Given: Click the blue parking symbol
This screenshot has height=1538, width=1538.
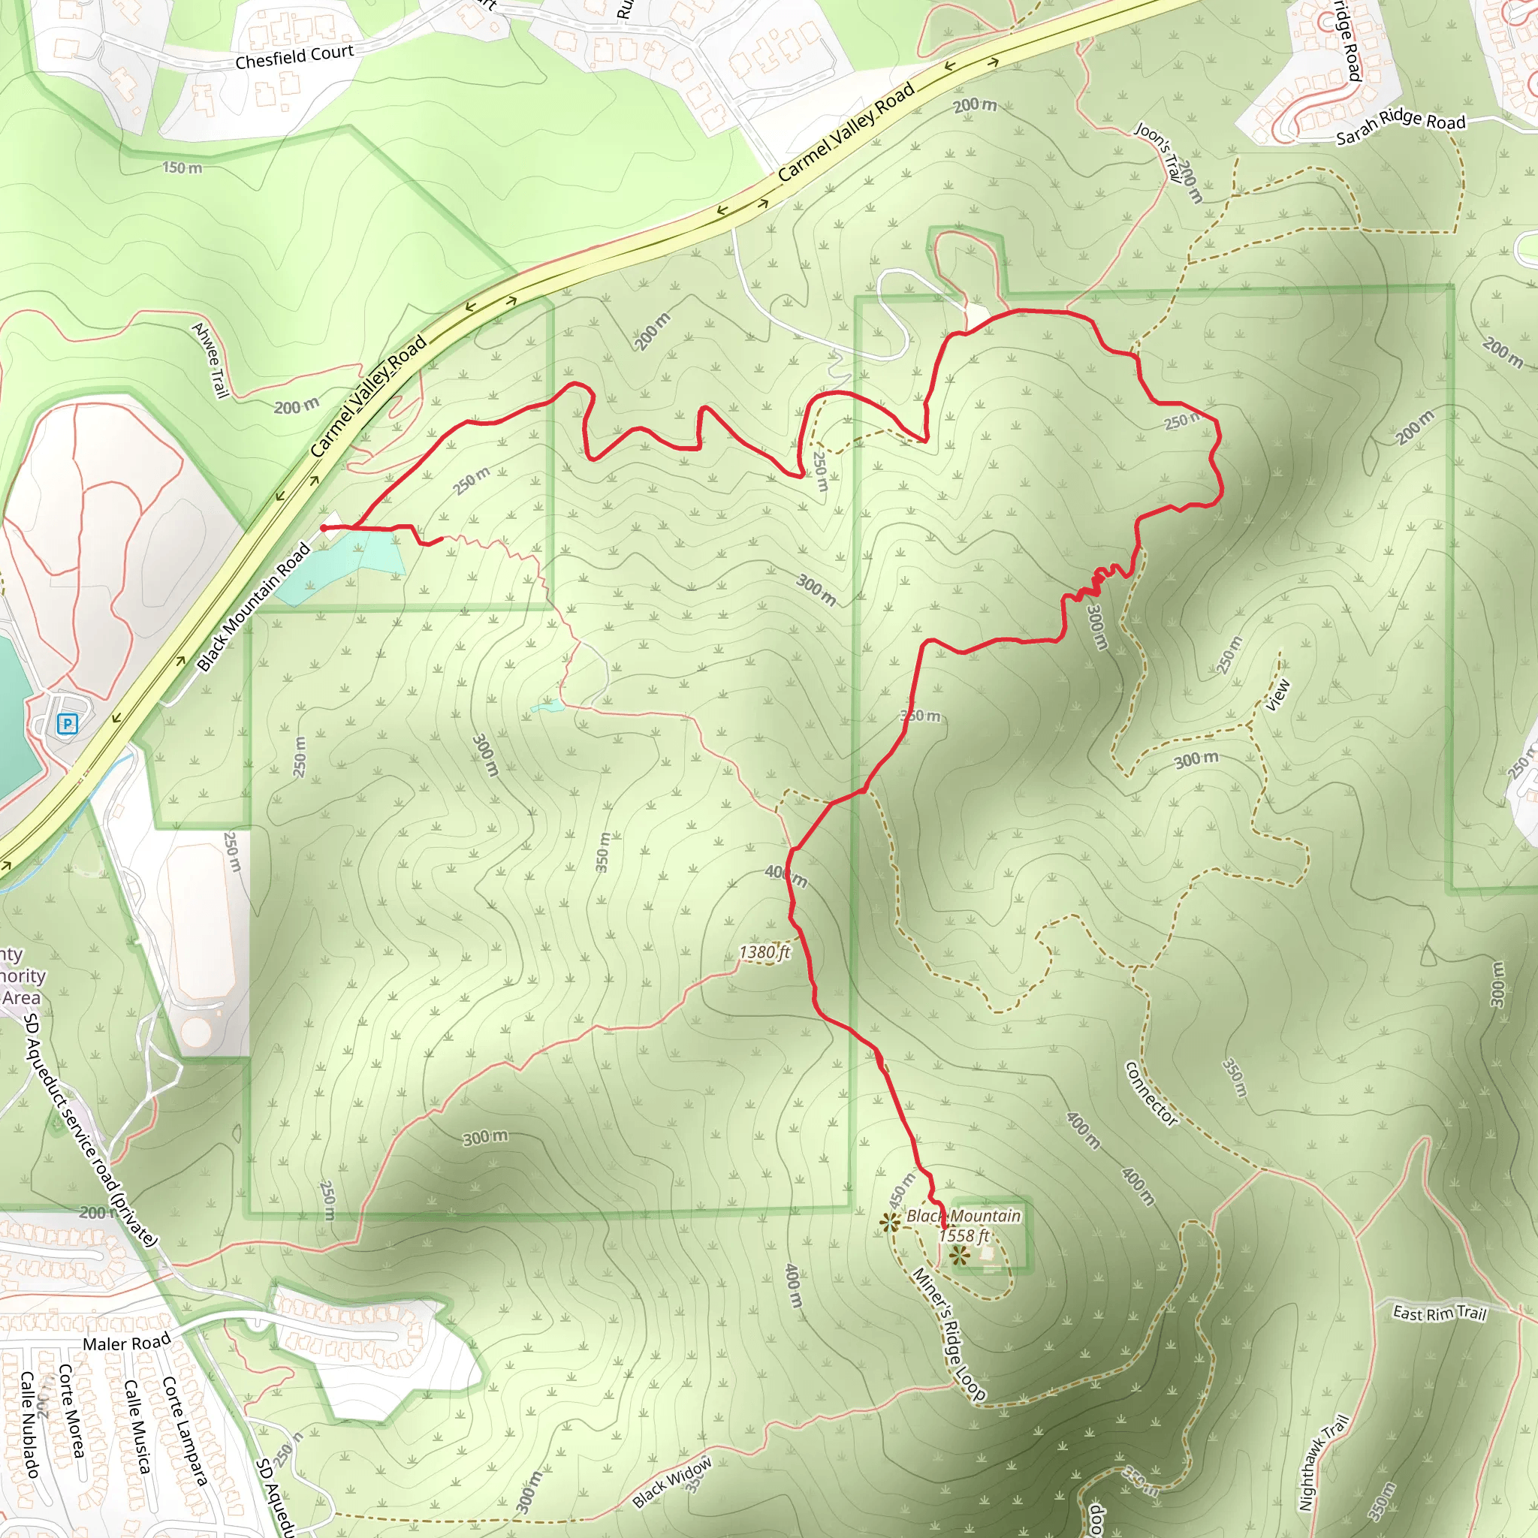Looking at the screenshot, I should [68, 724].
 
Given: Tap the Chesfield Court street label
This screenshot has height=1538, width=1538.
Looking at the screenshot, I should [294, 56].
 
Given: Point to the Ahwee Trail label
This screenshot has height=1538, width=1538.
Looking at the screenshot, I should [211, 360].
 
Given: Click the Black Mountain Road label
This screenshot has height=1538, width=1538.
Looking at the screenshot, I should [252, 608].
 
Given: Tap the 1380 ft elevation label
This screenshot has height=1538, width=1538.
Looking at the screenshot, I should [764, 953].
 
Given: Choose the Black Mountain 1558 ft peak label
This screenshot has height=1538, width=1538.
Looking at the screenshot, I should [964, 1225].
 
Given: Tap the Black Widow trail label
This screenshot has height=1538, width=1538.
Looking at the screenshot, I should [671, 1482].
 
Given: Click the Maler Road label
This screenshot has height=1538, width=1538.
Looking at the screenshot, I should [127, 1343].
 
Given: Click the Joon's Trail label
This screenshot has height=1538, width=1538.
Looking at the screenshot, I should [1158, 152].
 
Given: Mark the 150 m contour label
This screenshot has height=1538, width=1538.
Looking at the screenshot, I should [182, 168].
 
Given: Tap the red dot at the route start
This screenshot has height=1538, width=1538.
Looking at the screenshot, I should [324, 527].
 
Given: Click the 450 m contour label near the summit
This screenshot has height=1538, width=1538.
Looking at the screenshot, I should [902, 1190].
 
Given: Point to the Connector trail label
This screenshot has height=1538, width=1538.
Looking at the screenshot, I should [1150, 1093].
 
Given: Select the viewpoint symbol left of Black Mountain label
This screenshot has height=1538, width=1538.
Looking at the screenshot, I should [889, 1222].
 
